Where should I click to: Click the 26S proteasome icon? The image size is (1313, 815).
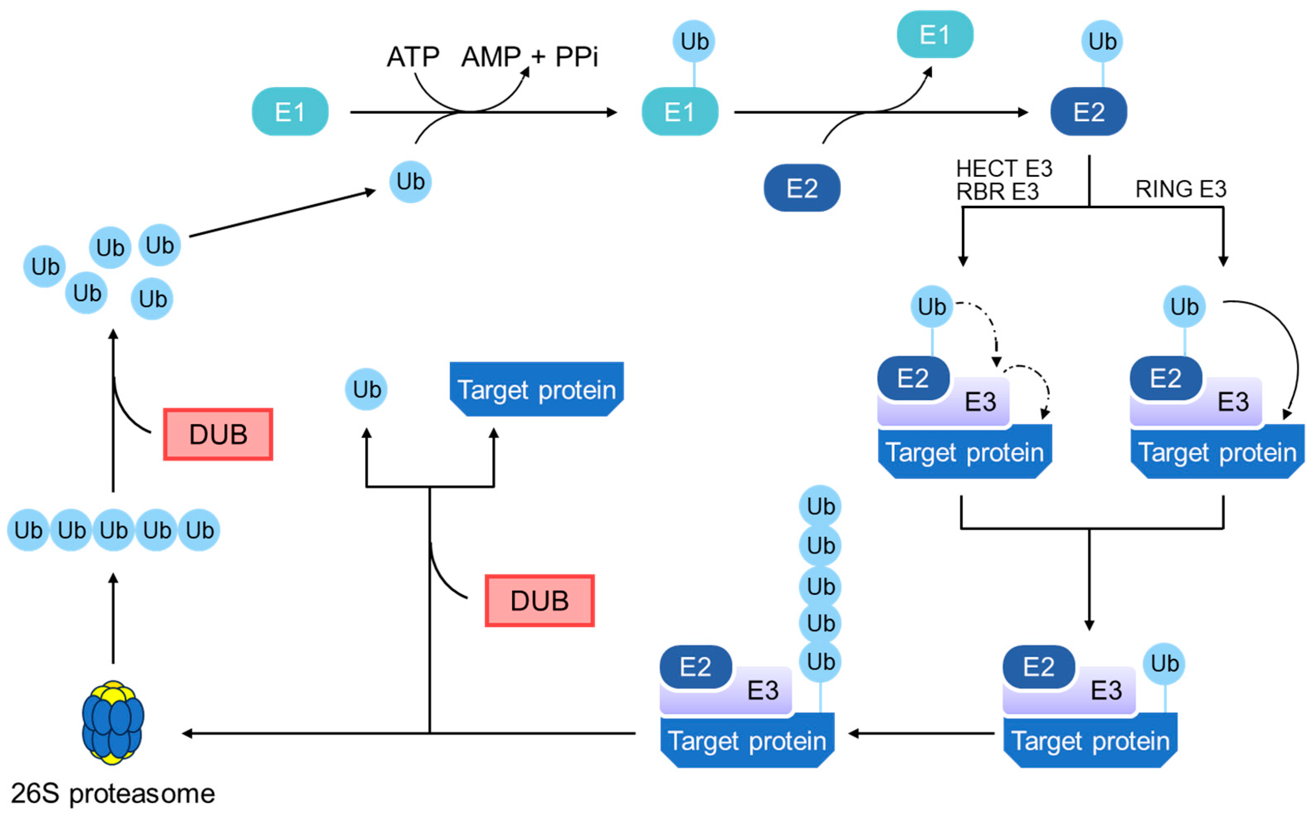tap(113, 722)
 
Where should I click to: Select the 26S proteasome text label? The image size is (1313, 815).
tap(113, 793)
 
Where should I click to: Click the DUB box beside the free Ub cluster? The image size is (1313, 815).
tap(218, 434)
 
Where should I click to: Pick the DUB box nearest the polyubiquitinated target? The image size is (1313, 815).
tap(540, 601)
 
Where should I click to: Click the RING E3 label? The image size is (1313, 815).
tap(1180, 189)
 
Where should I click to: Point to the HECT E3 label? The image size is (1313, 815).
tap(1004, 169)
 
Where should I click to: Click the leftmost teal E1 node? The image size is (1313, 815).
tap(290, 112)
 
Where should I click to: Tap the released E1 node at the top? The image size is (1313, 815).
tap(935, 34)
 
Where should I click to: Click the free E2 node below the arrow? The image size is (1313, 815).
tap(801, 188)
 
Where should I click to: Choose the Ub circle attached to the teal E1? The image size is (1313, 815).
tap(694, 41)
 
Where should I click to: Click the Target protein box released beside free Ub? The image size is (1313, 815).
tap(536, 389)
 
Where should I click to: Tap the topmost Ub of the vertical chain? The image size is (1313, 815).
tap(820, 506)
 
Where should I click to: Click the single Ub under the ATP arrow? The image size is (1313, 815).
tap(410, 182)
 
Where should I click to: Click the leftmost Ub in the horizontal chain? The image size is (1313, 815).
tap(28, 530)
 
